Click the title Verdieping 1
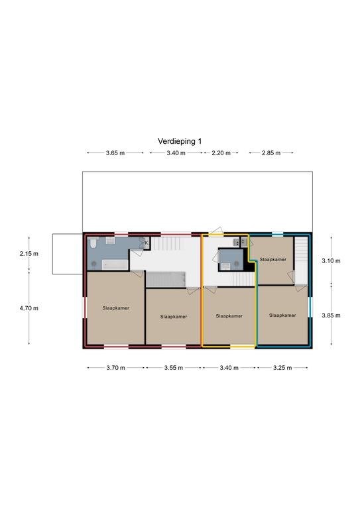[180, 141]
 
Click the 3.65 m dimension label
[115, 153]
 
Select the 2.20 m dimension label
[221, 153]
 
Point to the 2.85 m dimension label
[271, 153]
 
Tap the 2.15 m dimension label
[29, 254]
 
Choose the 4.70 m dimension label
[29, 308]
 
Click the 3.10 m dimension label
[331, 260]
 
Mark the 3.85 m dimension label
[331, 315]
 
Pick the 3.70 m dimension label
[115, 368]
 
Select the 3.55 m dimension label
[173, 368]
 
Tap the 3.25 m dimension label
[282, 368]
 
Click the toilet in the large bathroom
[93, 242]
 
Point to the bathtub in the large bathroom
[115, 264]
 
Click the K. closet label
[147, 243]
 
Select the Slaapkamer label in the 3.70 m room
[116, 308]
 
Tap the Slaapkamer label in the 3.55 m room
[174, 317]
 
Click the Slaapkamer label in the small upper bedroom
[273, 259]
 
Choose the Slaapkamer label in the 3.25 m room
[282, 315]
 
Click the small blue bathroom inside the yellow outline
[231, 260]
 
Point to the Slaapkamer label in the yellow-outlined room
[229, 316]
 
